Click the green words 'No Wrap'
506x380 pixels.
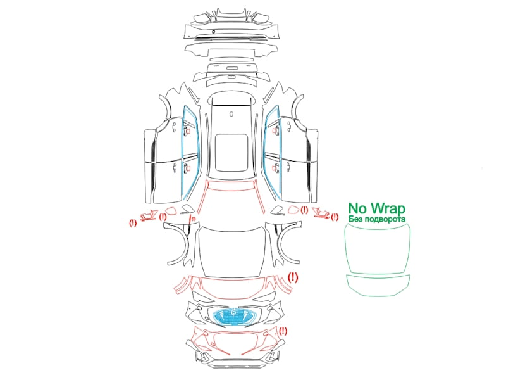pyautogui.click(x=376, y=208)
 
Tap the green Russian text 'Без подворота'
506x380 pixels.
pyautogui.click(x=377, y=219)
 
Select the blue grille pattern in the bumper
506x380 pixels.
pyautogui.click(x=233, y=316)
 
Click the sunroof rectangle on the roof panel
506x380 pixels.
pyautogui.click(x=231, y=153)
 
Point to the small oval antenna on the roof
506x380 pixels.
pyautogui.click(x=231, y=114)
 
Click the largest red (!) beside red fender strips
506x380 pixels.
pyautogui.click(x=293, y=277)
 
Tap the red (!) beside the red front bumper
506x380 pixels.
pyautogui.click(x=283, y=331)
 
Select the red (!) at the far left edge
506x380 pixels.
pyautogui.click(x=133, y=223)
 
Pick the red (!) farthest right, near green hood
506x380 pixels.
pyautogui.click(x=335, y=217)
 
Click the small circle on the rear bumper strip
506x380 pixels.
pyautogui.click(x=214, y=32)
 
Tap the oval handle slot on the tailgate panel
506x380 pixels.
pyautogui.click(x=231, y=68)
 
